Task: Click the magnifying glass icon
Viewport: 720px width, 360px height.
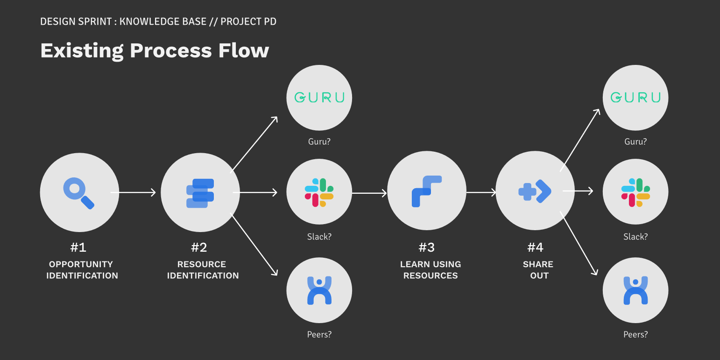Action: pos(78,193)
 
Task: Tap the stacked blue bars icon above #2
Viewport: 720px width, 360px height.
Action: pos(200,193)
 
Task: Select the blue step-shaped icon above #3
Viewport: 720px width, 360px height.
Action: pos(426,191)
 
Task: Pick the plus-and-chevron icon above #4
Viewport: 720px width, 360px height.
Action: pos(535,191)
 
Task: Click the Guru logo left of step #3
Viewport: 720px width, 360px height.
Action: pos(319,98)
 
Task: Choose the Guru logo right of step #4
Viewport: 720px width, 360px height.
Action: pos(635,98)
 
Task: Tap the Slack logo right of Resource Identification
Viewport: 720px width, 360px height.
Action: pos(319,192)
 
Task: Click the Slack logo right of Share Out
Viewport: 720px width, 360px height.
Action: pos(635,192)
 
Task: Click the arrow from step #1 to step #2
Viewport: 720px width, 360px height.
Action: pos(133,192)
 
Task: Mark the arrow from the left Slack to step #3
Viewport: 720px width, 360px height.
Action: pos(369,193)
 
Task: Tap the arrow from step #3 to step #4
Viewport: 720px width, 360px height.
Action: pos(481,192)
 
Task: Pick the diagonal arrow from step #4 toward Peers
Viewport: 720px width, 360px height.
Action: pos(579,243)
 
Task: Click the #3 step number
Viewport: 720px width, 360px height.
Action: pos(426,247)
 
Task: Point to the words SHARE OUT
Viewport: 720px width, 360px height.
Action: pos(538,270)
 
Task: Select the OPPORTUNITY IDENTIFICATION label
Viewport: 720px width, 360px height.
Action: pos(82,270)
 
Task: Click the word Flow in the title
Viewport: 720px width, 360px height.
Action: pos(243,50)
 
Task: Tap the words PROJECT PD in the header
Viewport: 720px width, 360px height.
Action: pos(248,21)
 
